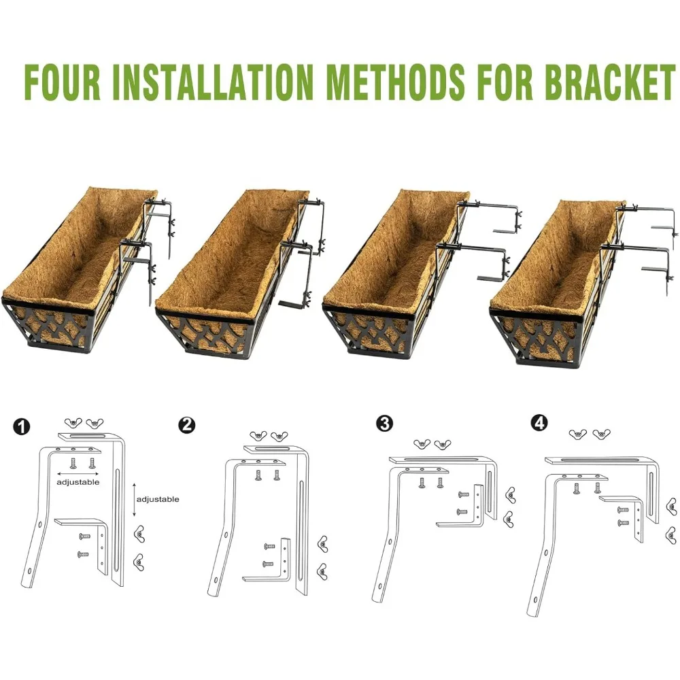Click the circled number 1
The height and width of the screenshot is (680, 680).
[x=22, y=427]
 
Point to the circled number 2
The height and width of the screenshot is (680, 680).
[x=186, y=425]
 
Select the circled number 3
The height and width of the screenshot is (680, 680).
[x=384, y=424]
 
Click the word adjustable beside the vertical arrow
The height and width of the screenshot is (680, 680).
[x=158, y=499]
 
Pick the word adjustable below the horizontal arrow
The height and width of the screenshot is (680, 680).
[x=78, y=482]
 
